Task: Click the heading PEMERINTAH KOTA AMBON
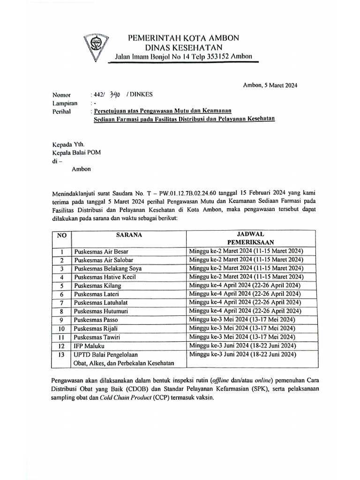tap(183, 37)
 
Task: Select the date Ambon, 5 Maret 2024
tap(270, 85)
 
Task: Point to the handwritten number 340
tap(115, 94)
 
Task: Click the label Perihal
tap(62, 112)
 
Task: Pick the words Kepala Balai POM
tap(76, 153)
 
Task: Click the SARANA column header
tap(129, 234)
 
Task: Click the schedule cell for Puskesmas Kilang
tap(245, 285)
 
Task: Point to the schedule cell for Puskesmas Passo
tap(242, 320)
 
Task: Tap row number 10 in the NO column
tap(61, 328)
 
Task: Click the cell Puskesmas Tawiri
tap(97, 337)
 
